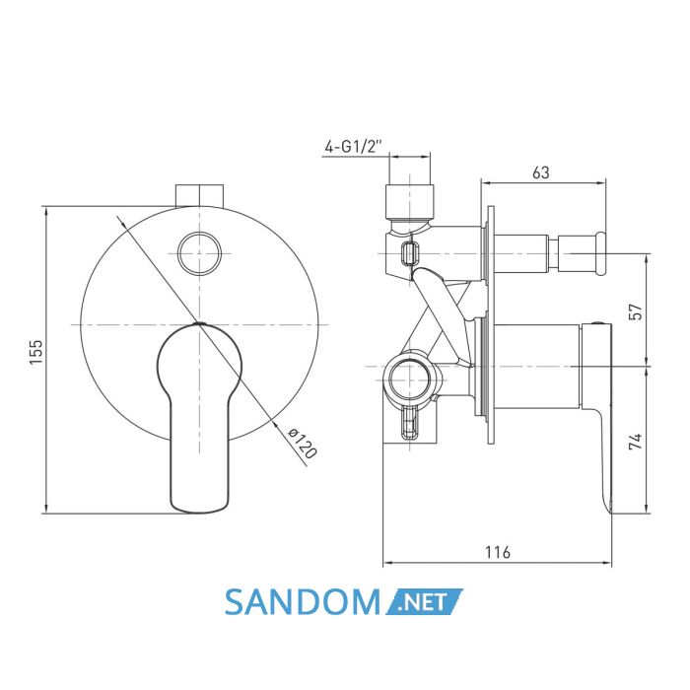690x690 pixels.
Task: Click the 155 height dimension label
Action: point(36,351)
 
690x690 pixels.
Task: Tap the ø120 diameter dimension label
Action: point(303,443)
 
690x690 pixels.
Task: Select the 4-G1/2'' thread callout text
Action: point(353,146)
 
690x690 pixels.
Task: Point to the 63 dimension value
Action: point(541,172)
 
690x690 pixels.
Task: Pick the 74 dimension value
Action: point(636,441)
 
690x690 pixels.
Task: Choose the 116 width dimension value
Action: point(498,552)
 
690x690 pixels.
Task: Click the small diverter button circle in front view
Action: point(200,254)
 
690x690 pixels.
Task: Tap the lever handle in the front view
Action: point(199,418)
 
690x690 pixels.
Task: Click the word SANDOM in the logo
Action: point(303,602)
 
